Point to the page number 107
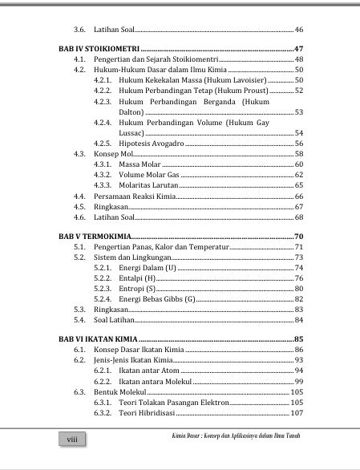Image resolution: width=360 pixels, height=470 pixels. click(x=297, y=413)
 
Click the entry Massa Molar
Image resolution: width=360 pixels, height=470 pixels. click(x=140, y=164)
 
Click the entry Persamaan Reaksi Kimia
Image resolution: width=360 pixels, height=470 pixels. click(x=131, y=196)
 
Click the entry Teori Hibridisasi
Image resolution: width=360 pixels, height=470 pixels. click(x=145, y=413)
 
